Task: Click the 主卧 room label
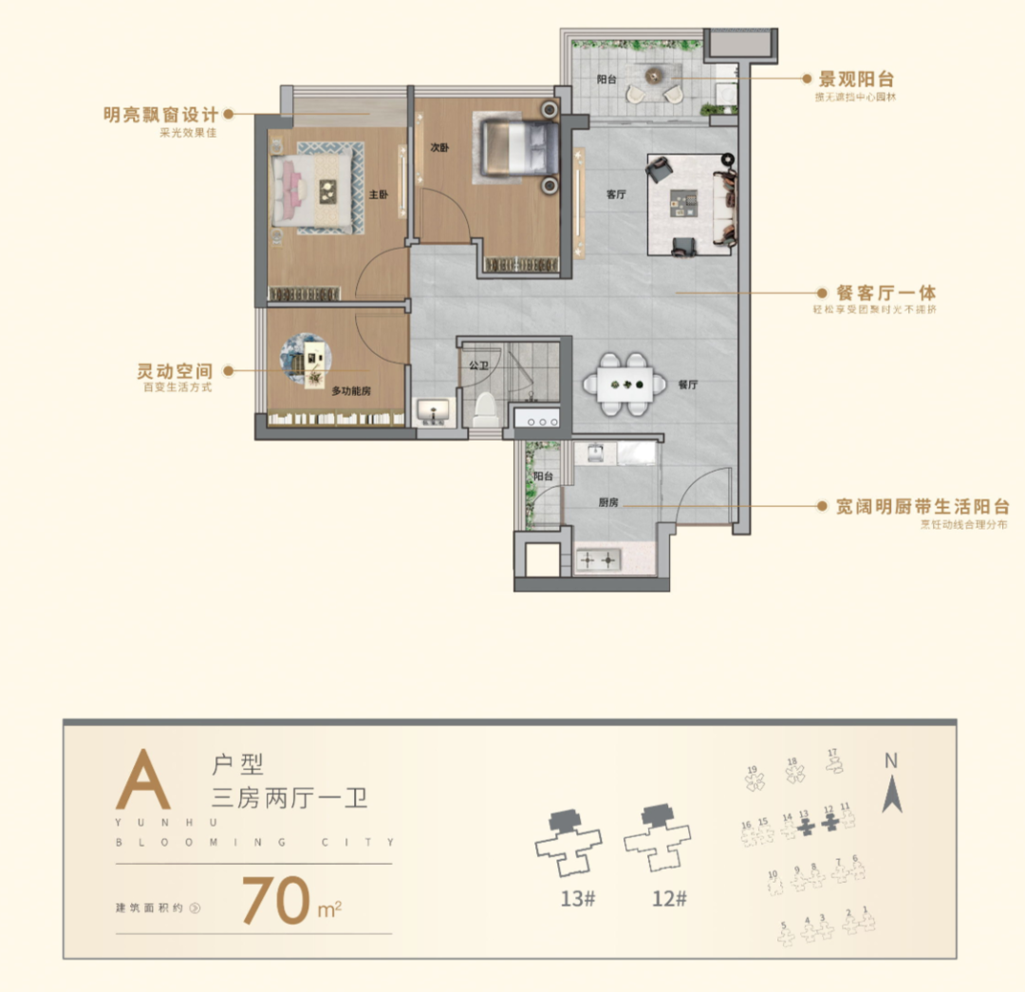pos(379,195)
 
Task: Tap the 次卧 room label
pos(438,148)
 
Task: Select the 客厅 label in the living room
pos(616,195)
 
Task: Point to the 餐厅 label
pos(688,385)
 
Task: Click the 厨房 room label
pos(608,502)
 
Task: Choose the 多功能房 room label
pos(350,391)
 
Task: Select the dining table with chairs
pos(624,384)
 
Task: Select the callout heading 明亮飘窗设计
pos(160,116)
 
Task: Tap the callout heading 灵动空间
pos(174,370)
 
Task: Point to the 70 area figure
pos(276,900)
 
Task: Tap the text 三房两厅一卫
pos(289,796)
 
